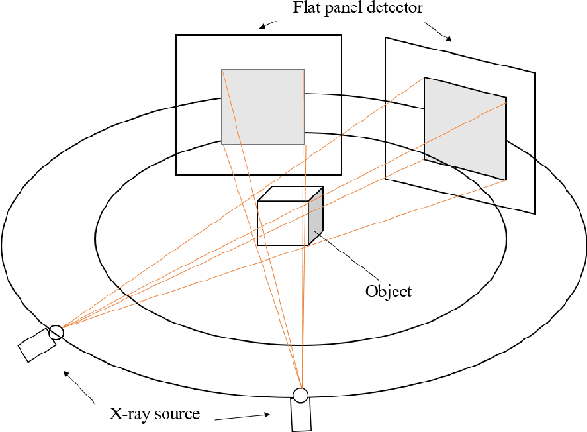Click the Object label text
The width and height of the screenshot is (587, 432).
point(389,291)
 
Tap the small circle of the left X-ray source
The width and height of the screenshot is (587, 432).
point(55,331)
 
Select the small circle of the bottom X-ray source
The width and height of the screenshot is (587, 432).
point(300,395)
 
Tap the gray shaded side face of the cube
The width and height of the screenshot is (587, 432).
point(316,216)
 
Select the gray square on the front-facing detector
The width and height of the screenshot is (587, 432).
point(262,107)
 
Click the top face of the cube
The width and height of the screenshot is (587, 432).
point(291,194)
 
